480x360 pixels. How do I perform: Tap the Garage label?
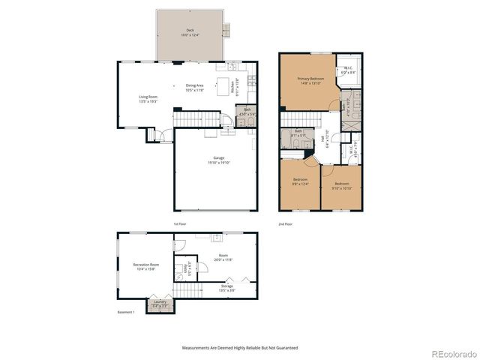219,160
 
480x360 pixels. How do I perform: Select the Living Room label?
147,98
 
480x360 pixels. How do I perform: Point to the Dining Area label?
195,88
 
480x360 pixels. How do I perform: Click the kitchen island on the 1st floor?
223,84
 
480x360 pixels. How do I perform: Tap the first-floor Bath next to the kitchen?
247,113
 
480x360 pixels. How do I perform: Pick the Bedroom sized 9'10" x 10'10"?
341,185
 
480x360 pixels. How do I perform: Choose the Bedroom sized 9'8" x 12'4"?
301,183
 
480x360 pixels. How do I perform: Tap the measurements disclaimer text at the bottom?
239,348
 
